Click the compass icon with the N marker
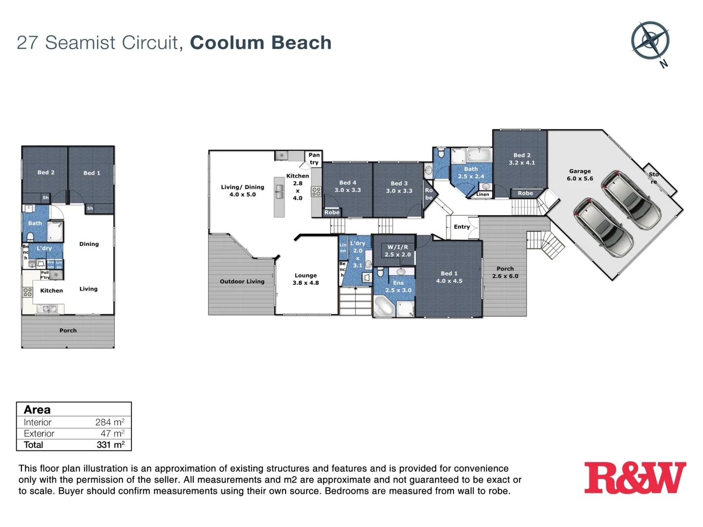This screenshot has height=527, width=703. pyautogui.click(x=650, y=41)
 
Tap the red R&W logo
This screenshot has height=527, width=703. pyautogui.click(x=635, y=478)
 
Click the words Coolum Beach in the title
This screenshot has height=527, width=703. pyautogui.click(x=261, y=42)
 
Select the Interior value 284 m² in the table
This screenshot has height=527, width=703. pyautogui.click(x=110, y=422)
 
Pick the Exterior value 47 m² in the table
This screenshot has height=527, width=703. pyautogui.click(x=112, y=433)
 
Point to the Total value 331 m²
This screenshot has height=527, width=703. pyautogui.click(x=110, y=445)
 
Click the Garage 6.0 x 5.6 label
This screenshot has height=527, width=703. pyautogui.click(x=579, y=175)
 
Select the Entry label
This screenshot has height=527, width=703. pyautogui.click(x=461, y=226)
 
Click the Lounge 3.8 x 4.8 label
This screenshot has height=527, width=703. pyautogui.click(x=306, y=279)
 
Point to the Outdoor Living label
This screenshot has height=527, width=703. pyautogui.click(x=242, y=281)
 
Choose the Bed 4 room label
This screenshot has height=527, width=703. pyautogui.click(x=348, y=186)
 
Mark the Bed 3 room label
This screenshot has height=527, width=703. pyautogui.click(x=399, y=187)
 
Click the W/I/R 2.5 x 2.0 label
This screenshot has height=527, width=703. pyautogui.click(x=397, y=251)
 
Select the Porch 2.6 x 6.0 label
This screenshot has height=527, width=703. pyautogui.click(x=505, y=272)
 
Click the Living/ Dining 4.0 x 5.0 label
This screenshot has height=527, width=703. pyautogui.click(x=242, y=190)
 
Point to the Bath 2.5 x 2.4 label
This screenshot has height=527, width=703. pyautogui.click(x=471, y=173)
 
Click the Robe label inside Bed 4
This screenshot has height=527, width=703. pyautogui.click(x=332, y=212)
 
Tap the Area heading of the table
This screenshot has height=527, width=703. pyautogui.click(x=37, y=409)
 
